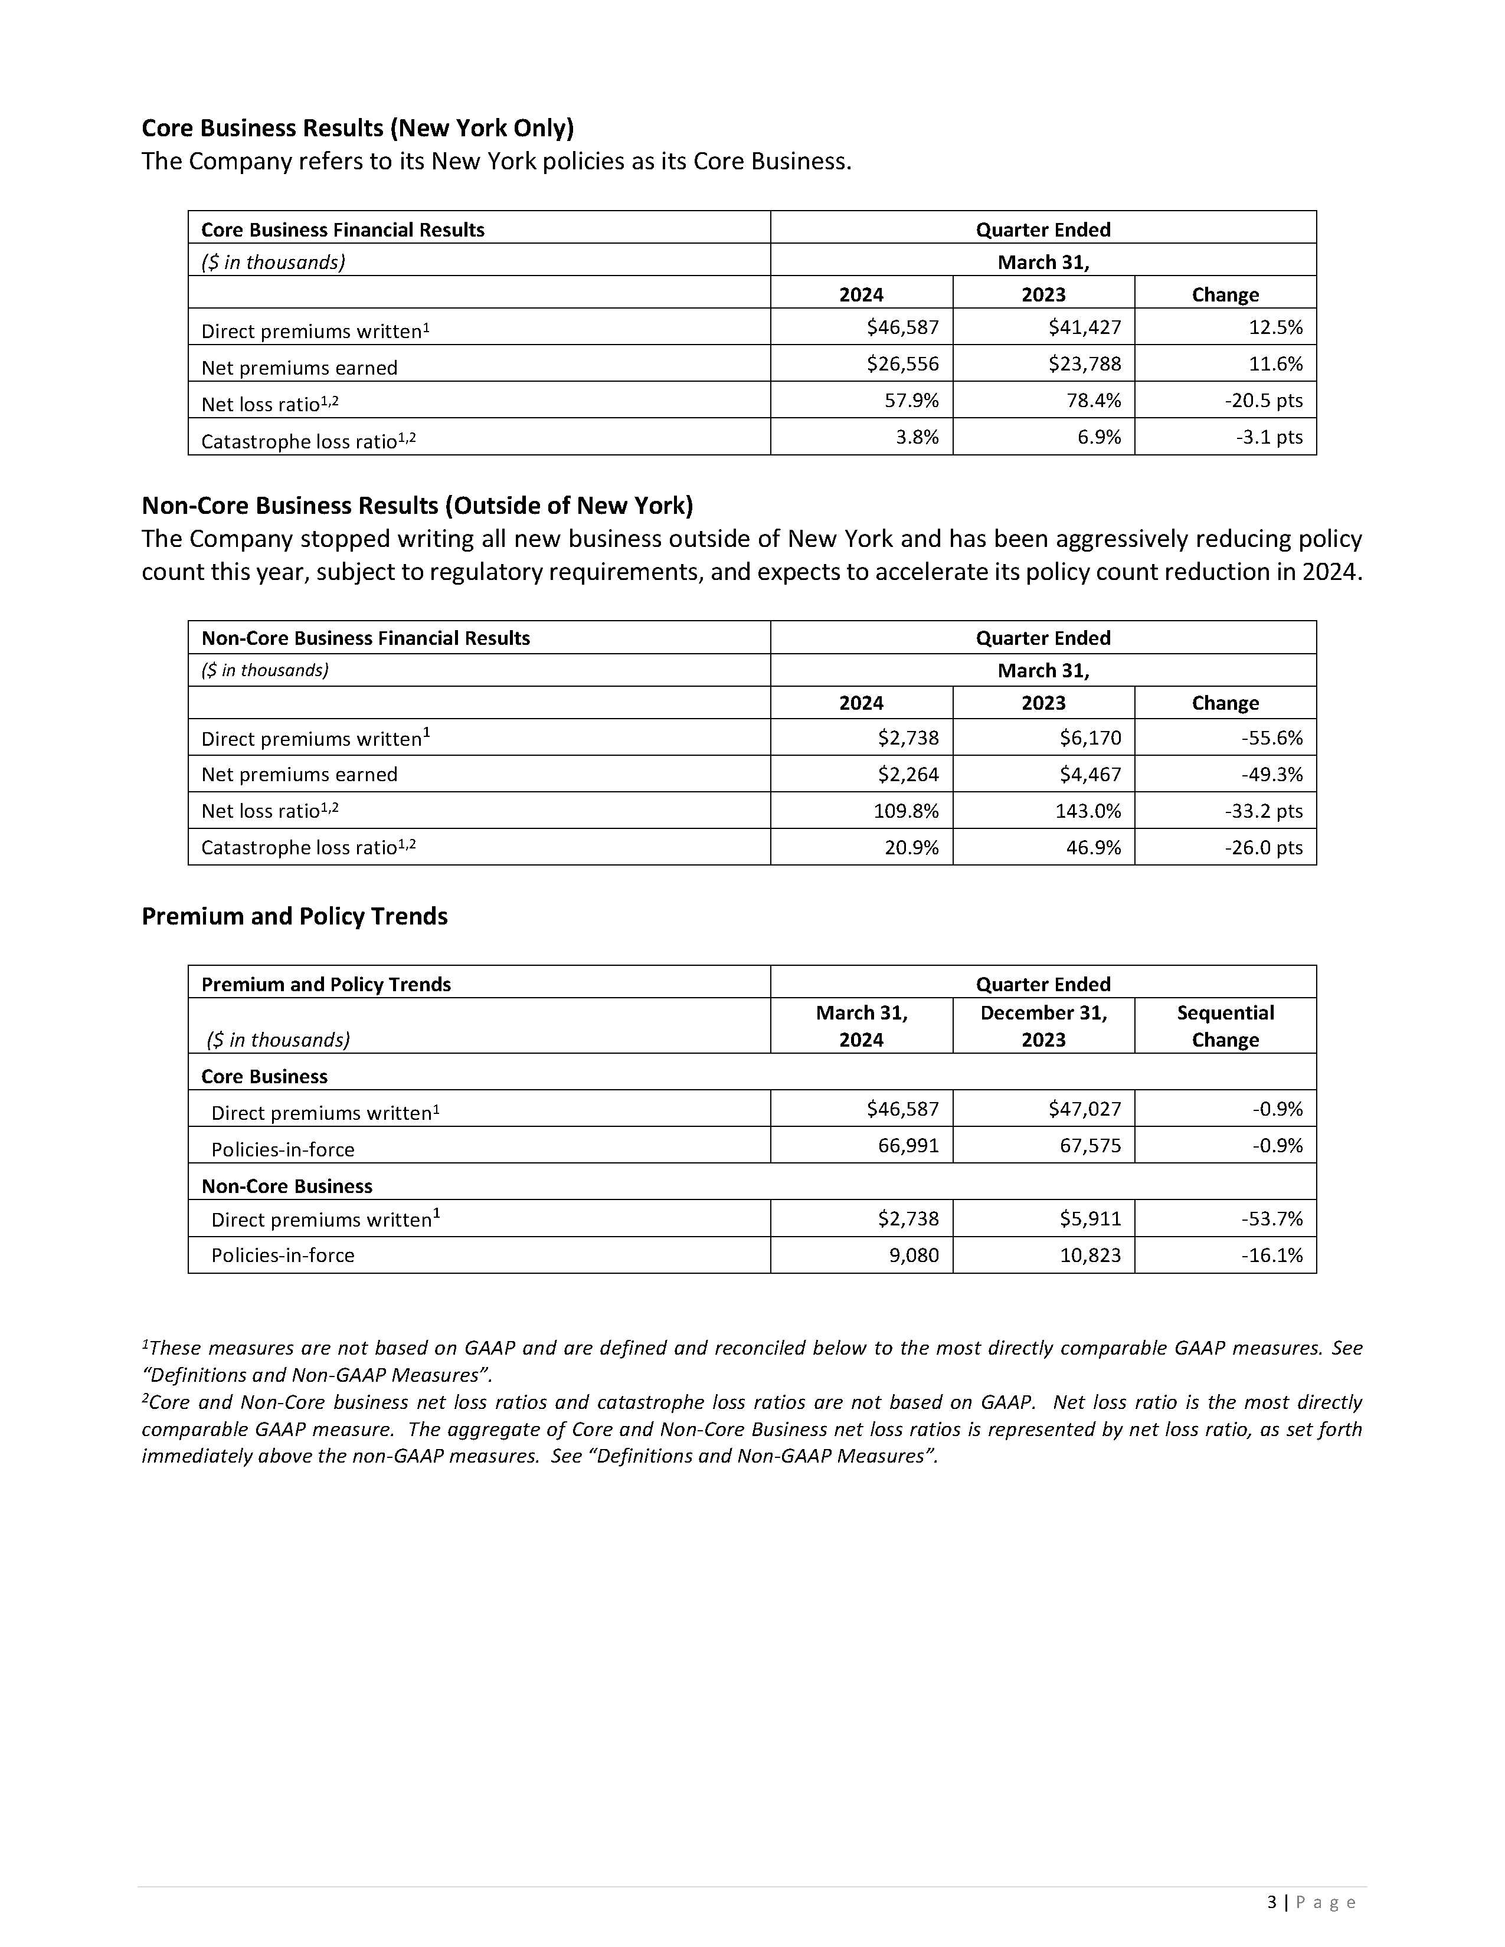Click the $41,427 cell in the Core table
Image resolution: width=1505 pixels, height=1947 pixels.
(1084, 327)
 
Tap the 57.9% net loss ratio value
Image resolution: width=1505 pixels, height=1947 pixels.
(911, 400)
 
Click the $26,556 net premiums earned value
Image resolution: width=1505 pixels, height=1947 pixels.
(902, 363)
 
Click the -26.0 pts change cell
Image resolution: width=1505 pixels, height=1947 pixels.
(1264, 847)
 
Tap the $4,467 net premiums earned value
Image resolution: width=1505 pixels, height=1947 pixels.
(1090, 774)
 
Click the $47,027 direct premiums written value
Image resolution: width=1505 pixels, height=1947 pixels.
(1084, 1109)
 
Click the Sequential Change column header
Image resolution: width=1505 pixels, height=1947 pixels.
(1225, 1026)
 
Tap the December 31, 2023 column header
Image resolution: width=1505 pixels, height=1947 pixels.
(1043, 1026)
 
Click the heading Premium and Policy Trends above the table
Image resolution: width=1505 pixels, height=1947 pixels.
(295, 916)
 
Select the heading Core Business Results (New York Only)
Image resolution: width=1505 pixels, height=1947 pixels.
(358, 129)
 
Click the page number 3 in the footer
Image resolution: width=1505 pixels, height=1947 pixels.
(1271, 1902)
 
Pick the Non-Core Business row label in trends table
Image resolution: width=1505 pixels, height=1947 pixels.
(286, 1186)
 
